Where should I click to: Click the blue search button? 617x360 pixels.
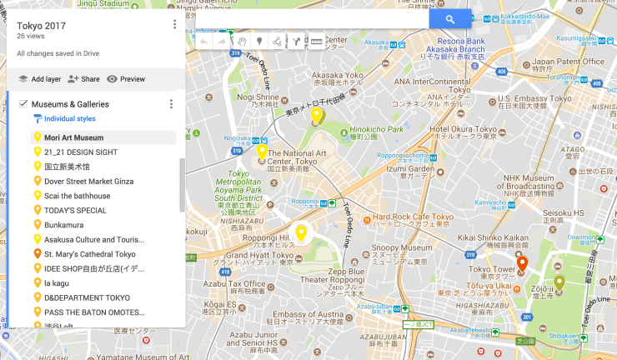(x=450, y=19)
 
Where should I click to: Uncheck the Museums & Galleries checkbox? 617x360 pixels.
(x=23, y=104)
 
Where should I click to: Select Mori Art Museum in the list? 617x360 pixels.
(x=73, y=137)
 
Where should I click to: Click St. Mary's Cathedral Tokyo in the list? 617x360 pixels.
(x=89, y=254)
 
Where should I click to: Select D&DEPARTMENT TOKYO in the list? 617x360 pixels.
(x=87, y=297)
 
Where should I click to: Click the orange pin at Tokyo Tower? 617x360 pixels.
(x=522, y=265)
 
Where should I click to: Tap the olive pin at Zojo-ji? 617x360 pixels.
(x=559, y=283)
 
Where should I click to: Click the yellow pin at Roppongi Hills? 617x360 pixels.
(x=301, y=233)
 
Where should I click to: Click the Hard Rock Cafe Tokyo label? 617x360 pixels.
(x=412, y=217)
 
